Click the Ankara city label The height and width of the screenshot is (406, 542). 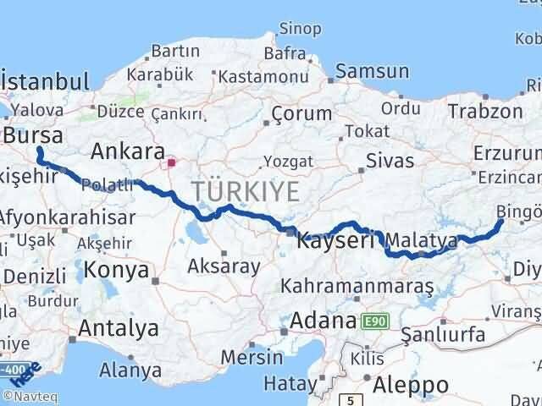click(127, 151)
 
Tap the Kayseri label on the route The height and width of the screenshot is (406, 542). click(335, 241)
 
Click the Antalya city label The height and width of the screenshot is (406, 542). click(119, 327)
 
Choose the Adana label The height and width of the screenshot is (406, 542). click(322, 321)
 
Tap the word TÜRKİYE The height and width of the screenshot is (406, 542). click(246, 192)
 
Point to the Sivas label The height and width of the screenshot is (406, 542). click(390, 160)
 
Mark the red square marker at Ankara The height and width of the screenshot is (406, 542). click(171, 162)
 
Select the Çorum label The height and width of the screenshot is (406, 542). click(301, 113)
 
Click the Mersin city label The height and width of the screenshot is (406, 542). click(252, 356)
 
